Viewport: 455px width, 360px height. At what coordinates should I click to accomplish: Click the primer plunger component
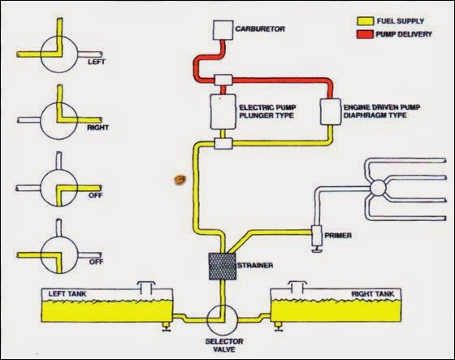click(x=318, y=236)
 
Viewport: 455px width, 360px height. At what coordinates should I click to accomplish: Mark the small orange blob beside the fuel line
click(x=175, y=178)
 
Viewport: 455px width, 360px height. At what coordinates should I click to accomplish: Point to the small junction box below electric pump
click(x=223, y=145)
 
